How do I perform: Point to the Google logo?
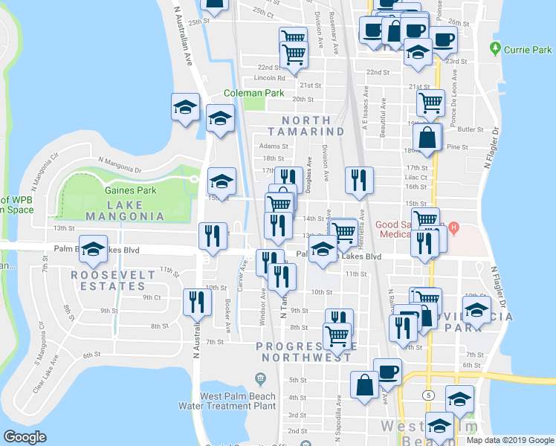point(25,437)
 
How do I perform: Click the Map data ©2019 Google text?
point(510,440)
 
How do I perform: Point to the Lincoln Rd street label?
point(270,77)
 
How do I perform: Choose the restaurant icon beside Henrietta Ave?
point(359,180)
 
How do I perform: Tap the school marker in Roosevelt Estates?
point(94,251)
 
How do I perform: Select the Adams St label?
point(274,146)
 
